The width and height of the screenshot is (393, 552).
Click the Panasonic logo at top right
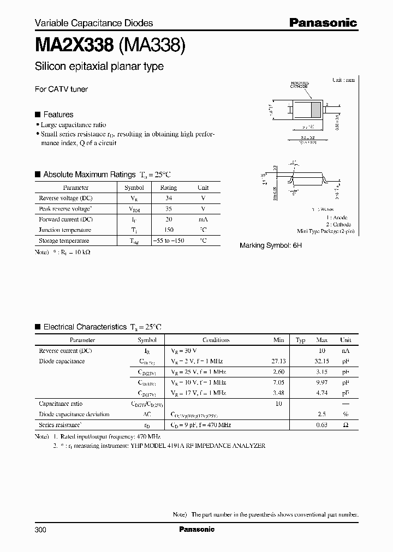point(323,22)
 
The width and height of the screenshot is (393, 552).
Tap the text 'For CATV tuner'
point(61,89)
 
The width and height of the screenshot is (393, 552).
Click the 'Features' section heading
point(58,115)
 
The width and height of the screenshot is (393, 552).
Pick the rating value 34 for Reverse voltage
point(168,198)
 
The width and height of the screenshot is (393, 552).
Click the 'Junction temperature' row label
point(64,230)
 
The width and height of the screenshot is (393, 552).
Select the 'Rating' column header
point(168,188)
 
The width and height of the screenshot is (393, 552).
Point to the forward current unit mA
point(203,219)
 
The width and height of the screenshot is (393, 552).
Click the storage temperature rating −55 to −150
point(168,241)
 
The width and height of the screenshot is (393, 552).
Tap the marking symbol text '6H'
point(296,246)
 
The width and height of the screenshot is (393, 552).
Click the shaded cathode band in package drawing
point(315,109)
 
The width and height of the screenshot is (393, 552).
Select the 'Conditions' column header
point(216,340)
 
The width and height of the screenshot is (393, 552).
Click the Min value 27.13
point(278,361)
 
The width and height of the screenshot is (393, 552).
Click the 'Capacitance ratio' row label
point(61,404)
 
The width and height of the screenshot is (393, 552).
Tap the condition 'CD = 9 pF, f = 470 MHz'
point(201,424)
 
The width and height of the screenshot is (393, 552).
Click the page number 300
point(41,529)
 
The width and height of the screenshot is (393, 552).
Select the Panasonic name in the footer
point(196,529)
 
